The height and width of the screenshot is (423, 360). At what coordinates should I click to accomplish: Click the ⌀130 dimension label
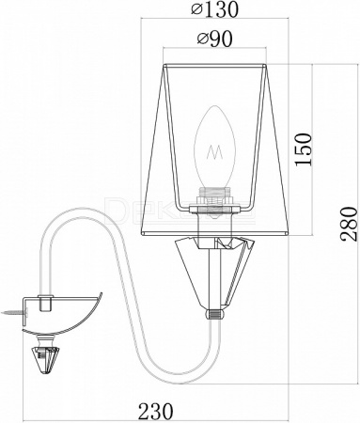pos(214,9)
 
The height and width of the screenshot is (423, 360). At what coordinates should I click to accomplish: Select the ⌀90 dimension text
pos(214,39)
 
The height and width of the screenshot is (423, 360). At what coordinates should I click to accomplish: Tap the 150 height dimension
pos(304,149)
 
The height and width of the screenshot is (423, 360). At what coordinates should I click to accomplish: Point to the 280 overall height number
pos(349,224)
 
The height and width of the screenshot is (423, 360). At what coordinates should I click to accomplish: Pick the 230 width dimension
pos(156,411)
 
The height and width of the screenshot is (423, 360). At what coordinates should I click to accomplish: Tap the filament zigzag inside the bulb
pos(214,152)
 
